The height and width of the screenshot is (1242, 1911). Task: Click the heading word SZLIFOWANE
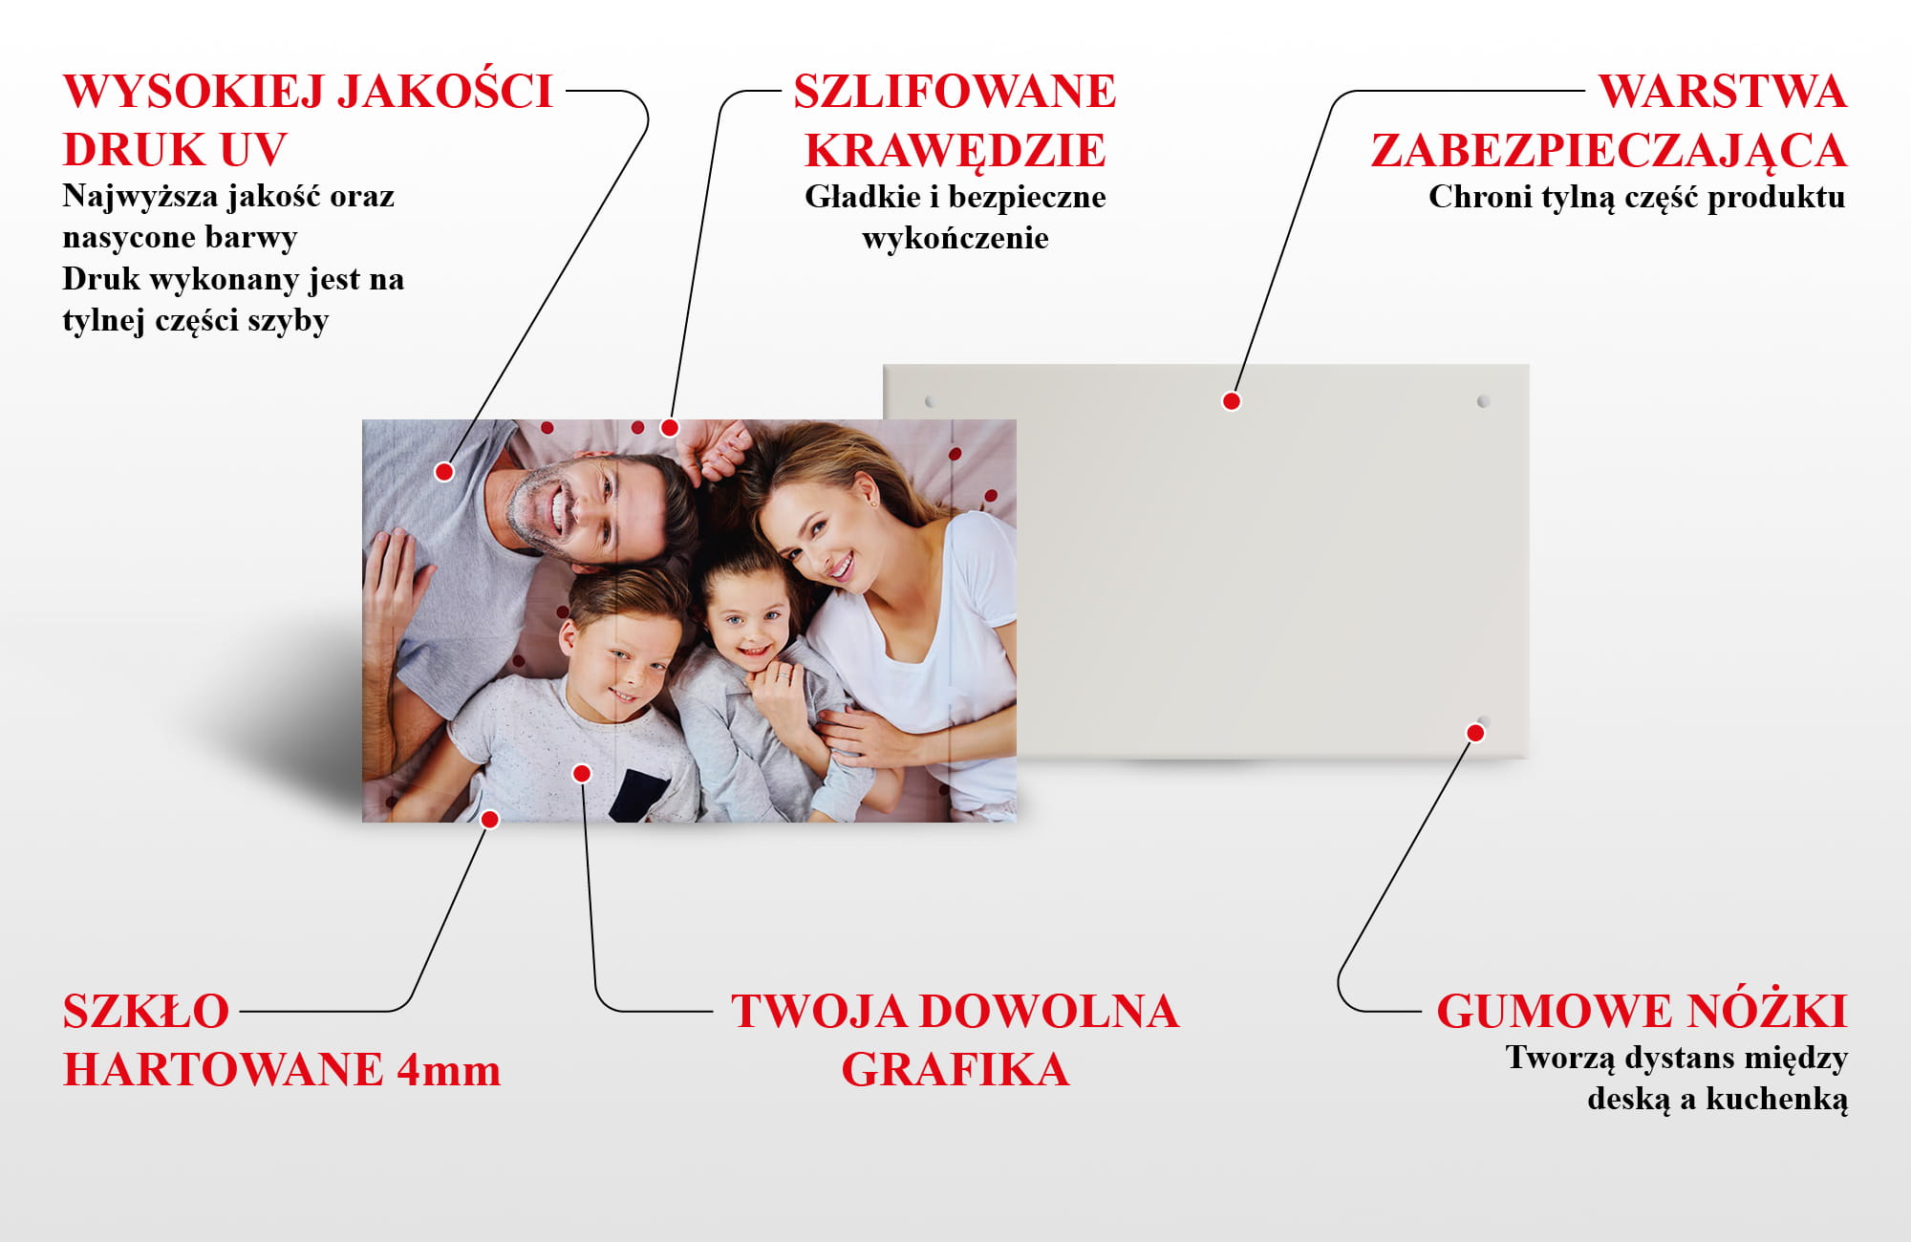tap(955, 92)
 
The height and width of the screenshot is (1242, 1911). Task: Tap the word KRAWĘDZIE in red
tap(955, 151)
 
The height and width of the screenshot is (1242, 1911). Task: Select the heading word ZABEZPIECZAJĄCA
tap(1609, 151)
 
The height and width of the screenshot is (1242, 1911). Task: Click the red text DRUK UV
tap(175, 150)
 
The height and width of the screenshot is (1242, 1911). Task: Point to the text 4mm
tap(448, 1070)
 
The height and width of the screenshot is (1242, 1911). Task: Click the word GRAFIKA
tap(955, 1070)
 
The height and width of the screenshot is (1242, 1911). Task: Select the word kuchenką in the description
tap(1777, 1100)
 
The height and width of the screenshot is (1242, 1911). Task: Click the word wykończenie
tap(955, 238)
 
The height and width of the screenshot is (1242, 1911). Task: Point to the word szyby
tap(289, 321)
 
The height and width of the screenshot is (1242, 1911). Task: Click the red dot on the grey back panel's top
tap(1232, 401)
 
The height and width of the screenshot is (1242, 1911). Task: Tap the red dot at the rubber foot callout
tap(1475, 733)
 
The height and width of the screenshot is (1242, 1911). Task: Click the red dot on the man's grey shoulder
tap(444, 471)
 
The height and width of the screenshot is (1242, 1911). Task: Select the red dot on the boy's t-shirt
tap(582, 773)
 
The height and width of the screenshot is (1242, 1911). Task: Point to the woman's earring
tap(872, 501)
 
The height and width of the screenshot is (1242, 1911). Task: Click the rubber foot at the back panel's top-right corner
tap(1483, 401)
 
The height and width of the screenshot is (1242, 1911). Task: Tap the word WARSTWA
tap(1723, 92)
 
